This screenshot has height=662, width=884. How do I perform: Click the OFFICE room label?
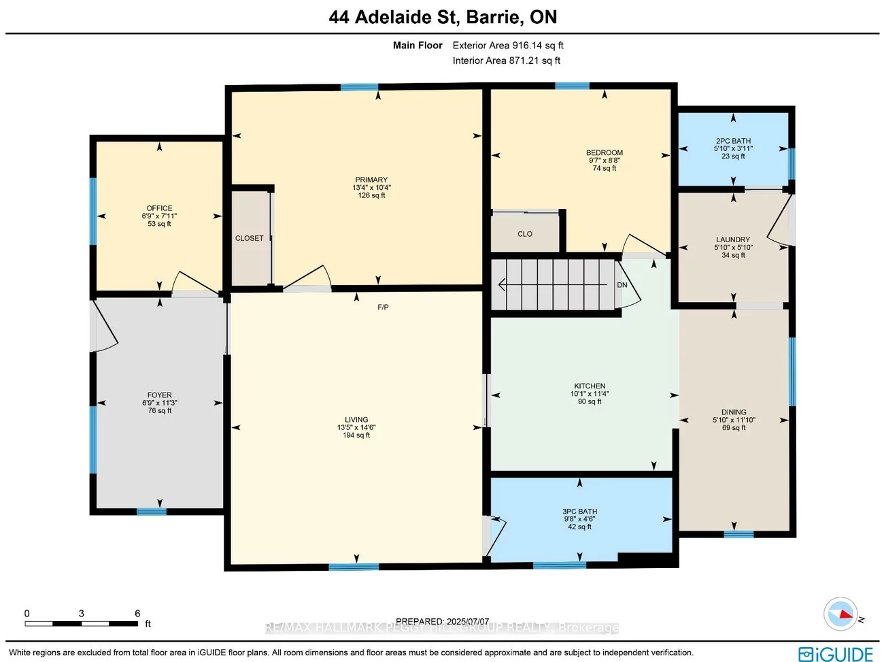coord(159,208)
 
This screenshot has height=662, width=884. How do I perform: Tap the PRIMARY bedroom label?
coord(371,180)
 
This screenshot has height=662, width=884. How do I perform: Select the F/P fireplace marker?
coord(383,308)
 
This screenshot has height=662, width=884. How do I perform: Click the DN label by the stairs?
coord(622,285)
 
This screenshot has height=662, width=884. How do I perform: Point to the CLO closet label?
coord(525,234)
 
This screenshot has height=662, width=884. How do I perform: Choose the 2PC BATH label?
coord(733,141)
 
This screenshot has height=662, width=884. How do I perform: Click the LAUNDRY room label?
coord(733,239)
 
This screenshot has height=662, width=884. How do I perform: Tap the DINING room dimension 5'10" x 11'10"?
coord(734,420)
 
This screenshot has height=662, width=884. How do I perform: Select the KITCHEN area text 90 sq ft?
coord(590,401)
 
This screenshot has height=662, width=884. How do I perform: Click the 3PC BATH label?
coord(579,511)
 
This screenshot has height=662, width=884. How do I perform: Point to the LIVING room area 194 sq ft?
coord(356,435)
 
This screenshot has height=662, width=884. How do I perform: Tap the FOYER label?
coord(159,395)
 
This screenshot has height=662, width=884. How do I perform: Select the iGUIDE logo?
coord(835,653)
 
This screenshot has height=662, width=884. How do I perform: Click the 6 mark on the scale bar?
coord(137,614)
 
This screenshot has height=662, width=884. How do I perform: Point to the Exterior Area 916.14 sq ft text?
coord(508,46)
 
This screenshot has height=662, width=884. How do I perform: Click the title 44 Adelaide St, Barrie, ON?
coord(443,17)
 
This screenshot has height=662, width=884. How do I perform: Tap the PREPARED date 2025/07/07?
coord(467,621)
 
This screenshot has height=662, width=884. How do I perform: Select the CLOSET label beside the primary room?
coord(249,238)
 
